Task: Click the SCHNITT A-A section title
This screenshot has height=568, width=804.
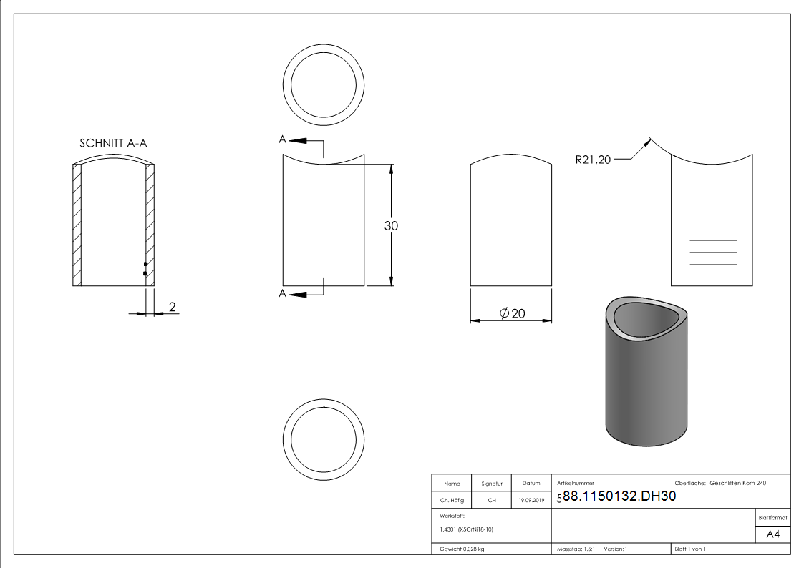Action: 113,143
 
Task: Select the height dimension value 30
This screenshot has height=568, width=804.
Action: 392,226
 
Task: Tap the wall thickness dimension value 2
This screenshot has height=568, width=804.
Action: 172,307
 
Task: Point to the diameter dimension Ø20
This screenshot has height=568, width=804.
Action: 513,313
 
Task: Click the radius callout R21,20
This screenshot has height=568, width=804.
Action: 593,160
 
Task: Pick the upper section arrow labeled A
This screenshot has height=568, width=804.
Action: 298,141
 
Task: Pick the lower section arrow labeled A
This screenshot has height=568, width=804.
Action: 298,293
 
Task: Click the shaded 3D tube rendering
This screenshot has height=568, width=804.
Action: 647,371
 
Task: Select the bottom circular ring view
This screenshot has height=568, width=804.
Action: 324,437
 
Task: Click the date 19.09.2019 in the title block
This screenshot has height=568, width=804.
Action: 531,501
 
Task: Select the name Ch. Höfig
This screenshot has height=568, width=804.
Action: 452,501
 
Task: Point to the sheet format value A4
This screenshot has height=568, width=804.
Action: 772,534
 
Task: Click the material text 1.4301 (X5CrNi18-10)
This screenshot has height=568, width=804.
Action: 466,529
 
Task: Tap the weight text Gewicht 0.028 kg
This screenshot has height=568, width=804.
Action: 462,549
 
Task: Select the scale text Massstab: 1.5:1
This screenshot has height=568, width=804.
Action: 576,549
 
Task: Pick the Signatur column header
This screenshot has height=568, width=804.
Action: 492,484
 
